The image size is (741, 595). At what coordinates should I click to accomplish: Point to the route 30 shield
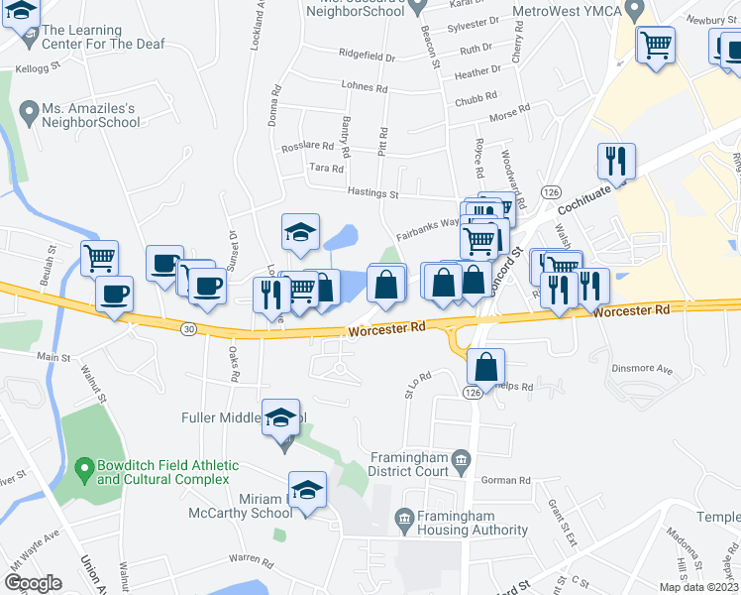click(189, 328)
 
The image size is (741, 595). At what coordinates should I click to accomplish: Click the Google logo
click(33, 583)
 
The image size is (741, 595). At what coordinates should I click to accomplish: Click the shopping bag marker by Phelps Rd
click(486, 368)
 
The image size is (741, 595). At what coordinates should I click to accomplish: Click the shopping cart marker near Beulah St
click(99, 259)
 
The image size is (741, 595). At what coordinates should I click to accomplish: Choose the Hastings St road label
click(371, 194)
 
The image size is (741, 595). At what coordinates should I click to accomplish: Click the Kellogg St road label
click(38, 70)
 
